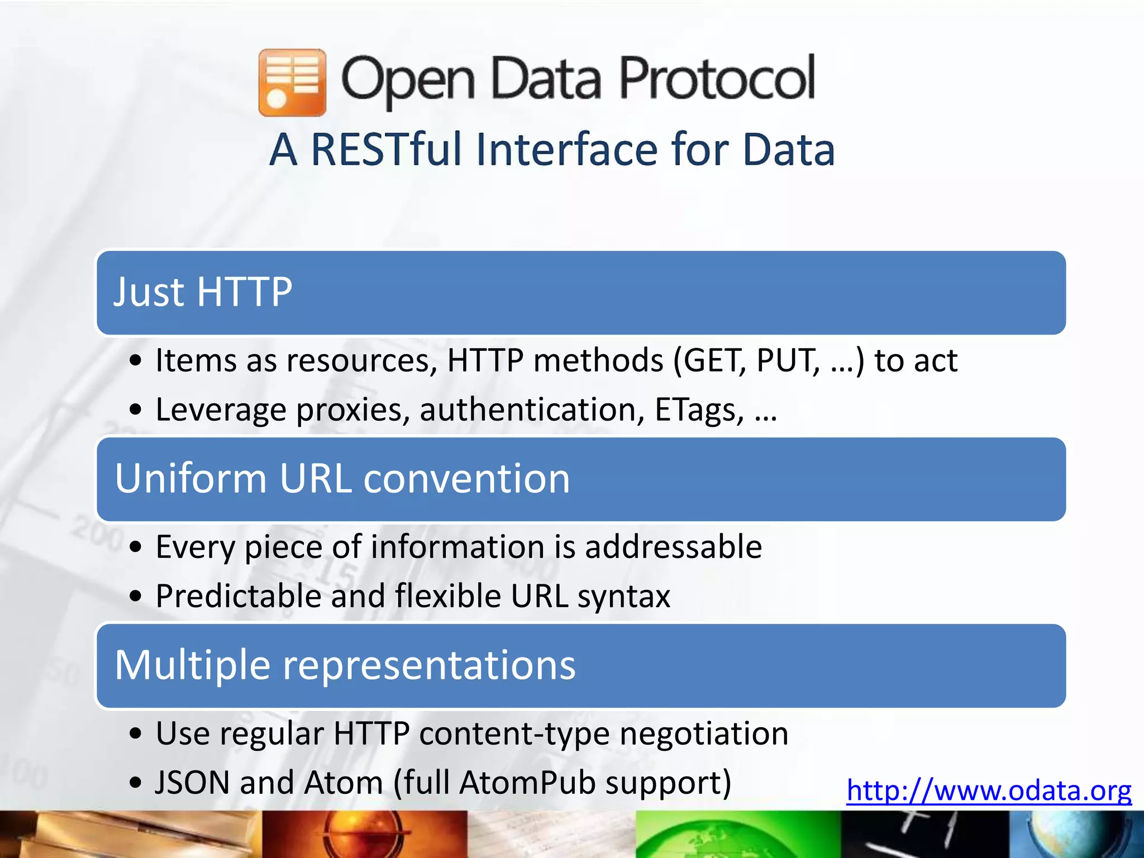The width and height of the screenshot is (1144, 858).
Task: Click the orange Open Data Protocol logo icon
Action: click(x=292, y=83)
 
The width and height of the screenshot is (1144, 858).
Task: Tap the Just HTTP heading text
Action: click(x=203, y=292)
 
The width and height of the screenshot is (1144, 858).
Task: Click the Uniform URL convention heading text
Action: click(x=342, y=479)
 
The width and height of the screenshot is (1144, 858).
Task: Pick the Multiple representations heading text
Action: click(x=345, y=665)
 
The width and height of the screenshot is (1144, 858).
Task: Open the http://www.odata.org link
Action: click(x=988, y=791)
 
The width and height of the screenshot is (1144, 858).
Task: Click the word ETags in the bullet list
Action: click(x=698, y=409)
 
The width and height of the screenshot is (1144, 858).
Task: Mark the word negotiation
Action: click(x=704, y=733)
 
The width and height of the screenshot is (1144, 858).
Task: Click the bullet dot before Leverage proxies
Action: click(x=135, y=411)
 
